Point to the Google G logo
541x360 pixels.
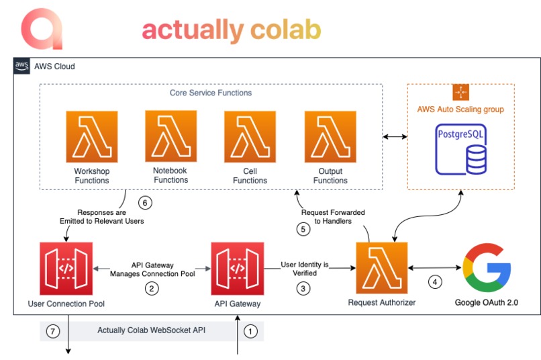487,266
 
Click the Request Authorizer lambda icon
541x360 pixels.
381,267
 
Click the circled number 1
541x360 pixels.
250,330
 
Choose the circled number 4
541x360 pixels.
436,282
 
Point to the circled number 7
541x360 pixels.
53,330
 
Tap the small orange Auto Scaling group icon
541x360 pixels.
460,92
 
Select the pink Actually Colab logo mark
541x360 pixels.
42,29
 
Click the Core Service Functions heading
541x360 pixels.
211,93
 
